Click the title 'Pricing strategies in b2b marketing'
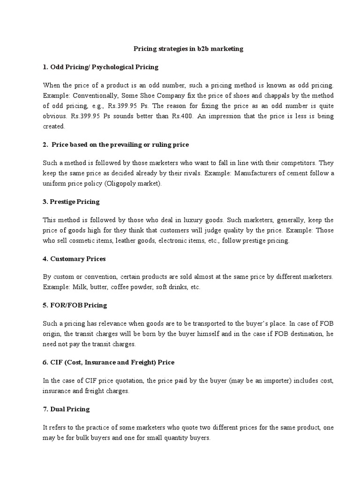point(188,49)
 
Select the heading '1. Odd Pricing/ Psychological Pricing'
point(100,67)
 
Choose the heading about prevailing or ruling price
point(116,145)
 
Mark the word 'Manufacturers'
point(266,173)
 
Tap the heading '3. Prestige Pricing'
point(71,202)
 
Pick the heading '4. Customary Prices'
point(74,259)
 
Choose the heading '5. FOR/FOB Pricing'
point(75,305)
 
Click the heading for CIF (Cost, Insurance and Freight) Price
point(109,362)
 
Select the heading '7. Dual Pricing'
point(66,409)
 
